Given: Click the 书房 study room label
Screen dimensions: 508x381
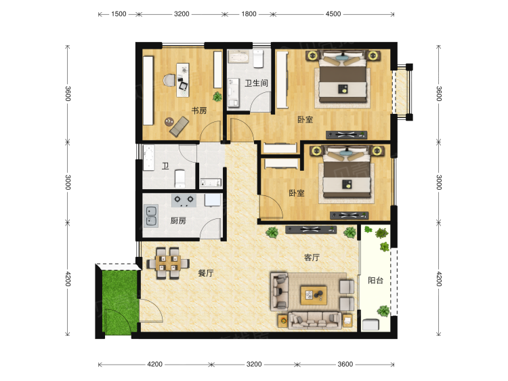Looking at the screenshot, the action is pos(199,111).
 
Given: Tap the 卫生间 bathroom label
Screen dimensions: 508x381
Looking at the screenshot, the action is pos(256,83).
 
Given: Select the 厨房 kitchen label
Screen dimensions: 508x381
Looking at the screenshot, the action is pos(178,221).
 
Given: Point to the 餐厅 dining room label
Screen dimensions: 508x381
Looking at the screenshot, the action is pos(206,273).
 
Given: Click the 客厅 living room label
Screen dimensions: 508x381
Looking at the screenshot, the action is pos(312,258).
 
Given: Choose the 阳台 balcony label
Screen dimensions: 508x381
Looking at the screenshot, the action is pos(375,280).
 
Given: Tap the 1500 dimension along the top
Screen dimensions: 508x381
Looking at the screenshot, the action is pos(119,14).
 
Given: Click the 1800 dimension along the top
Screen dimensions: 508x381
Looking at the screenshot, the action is pos(249,14).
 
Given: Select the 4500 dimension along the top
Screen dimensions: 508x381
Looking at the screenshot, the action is pos(333,14).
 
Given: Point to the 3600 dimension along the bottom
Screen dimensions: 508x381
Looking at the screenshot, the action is pos(345,364).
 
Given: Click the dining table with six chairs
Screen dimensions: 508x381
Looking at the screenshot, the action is pos(168,263).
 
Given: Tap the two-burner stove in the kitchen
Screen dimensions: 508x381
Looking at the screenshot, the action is pos(184,201).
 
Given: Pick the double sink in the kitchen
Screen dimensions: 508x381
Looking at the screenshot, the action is pos(151,216).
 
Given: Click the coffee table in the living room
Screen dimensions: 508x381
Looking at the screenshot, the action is pos(314,295).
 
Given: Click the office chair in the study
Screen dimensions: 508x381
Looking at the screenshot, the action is pos(169,81).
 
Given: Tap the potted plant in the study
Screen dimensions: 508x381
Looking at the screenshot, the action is pos(217,96).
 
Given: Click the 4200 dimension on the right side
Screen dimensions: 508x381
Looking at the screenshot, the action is pos(439,279).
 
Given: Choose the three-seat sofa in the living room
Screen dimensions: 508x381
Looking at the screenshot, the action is pos(314,320).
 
